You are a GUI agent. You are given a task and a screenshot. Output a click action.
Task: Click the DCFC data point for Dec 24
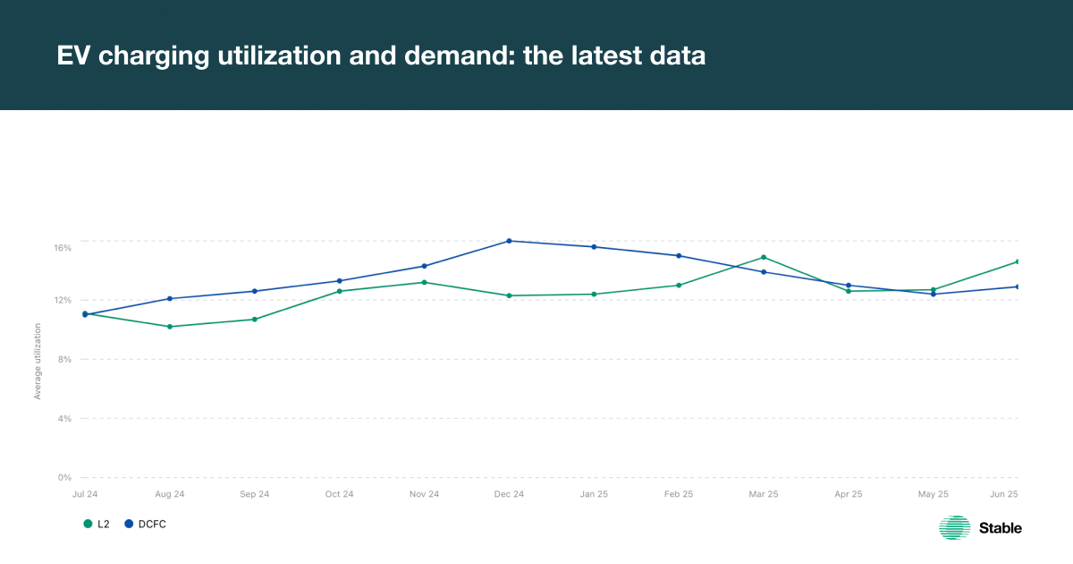click(x=509, y=241)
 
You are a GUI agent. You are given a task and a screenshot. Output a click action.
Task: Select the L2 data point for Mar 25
click(x=764, y=257)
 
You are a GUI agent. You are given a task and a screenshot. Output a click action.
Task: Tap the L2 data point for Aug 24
click(x=170, y=327)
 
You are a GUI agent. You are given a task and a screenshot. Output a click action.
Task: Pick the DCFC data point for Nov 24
click(x=424, y=266)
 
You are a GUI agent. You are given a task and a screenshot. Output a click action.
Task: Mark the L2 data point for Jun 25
click(x=1018, y=261)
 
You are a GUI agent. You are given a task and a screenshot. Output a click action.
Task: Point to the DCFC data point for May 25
click(x=934, y=294)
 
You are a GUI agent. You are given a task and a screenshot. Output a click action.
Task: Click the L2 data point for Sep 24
click(x=254, y=320)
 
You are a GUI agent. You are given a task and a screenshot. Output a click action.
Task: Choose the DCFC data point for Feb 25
click(x=679, y=256)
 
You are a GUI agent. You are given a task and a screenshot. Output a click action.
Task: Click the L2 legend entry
click(x=97, y=524)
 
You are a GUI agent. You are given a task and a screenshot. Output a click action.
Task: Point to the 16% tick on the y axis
click(x=63, y=247)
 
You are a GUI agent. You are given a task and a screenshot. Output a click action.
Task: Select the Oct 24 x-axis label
click(x=339, y=494)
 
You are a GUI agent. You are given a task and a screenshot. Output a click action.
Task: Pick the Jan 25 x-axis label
click(x=594, y=494)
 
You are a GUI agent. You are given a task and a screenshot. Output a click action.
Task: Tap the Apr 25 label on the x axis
click(x=849, y=494)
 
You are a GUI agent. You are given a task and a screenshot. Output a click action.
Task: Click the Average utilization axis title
click(x=38, y=361)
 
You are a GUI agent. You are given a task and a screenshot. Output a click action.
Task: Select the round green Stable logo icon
click(x=954, y=528)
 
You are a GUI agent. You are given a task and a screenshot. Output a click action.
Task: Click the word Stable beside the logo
click(x=1001, y=528)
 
